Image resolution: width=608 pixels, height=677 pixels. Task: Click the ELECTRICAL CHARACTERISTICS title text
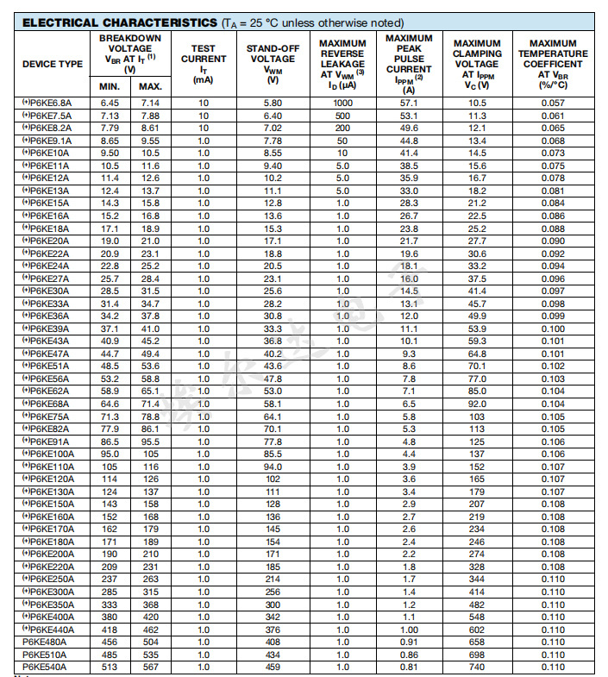(x=121, y=22)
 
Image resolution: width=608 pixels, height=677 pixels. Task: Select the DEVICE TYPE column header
(x=53, y=64)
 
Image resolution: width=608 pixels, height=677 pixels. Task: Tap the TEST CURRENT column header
(x=204, y=64)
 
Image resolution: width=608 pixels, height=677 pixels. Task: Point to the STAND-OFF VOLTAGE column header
(x=273, y=64)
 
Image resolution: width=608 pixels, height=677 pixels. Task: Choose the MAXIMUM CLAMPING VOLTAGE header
(x=477, y=64)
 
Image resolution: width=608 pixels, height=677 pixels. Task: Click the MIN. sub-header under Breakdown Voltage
(x=110, y=86)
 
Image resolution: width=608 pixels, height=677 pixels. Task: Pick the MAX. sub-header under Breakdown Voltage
(x=150, y=86)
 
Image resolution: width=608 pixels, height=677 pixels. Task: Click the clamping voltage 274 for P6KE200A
(x=477, y=554)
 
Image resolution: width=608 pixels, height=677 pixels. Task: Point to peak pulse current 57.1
(x=409, y=103)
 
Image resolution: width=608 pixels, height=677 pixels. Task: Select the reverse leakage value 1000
(x=342, y=103)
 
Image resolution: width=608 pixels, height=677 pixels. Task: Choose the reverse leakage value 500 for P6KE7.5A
(x=342, y=116)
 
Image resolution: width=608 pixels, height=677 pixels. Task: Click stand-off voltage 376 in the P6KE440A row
(x=273, y=630)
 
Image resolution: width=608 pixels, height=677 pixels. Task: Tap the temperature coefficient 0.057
(x=552, y=103)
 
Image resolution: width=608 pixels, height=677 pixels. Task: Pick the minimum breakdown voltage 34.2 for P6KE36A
(x=110, y=316)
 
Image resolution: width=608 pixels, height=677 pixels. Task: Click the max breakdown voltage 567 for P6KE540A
(x=150, y=667)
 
